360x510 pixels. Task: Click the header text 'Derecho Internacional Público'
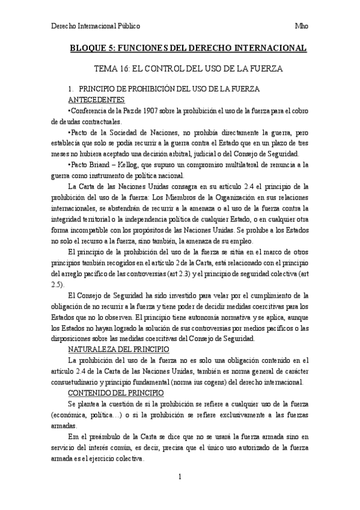coord(96,26)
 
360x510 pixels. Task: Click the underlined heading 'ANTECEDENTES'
coord(97,99)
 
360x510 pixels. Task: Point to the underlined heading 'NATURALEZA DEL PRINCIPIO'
coord(120,349)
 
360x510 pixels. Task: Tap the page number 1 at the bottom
coord(180,476)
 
